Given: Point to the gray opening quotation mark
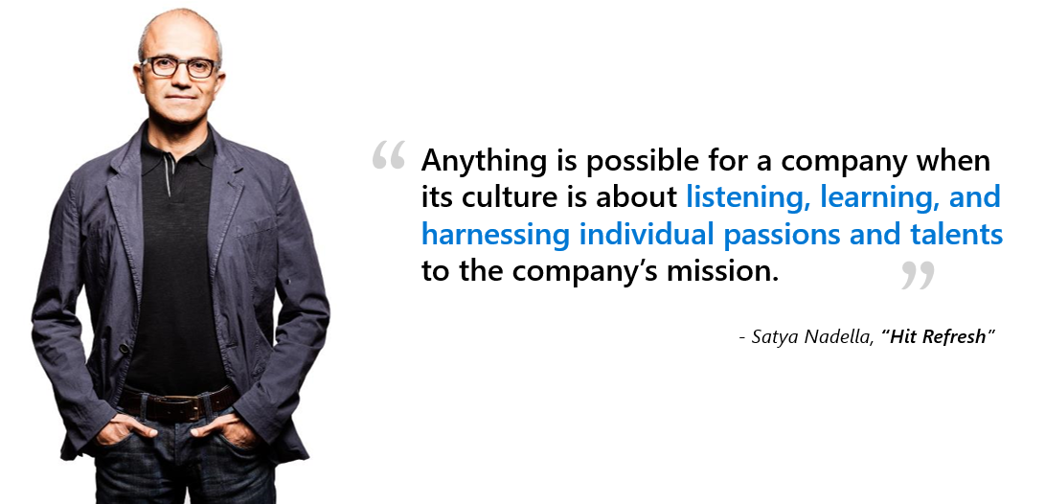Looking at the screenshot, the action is point(389,154).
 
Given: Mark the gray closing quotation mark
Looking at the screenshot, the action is point(918,275).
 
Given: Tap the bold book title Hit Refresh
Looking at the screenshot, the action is point(938,336).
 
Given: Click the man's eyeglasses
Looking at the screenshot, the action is point(180,67).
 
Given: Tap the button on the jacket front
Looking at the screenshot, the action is point(124,349).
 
